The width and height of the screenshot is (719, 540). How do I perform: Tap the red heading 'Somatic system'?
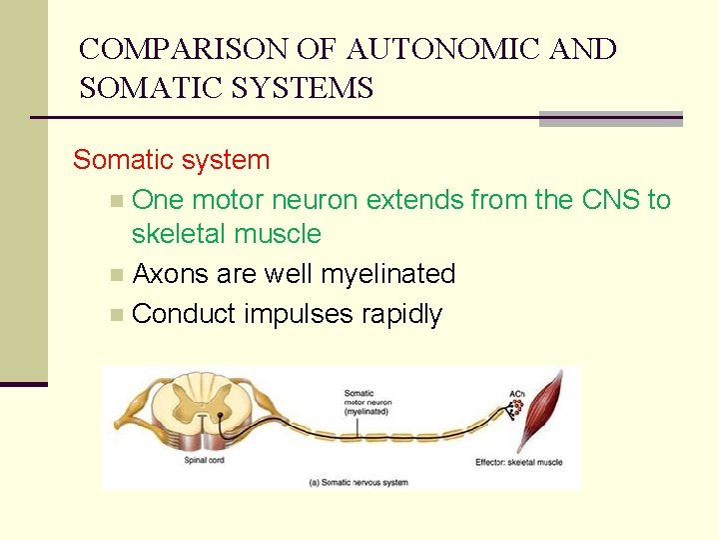point(172,160)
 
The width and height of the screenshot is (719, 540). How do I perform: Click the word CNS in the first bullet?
point(611,200)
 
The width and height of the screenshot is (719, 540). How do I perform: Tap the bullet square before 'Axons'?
point(118,275)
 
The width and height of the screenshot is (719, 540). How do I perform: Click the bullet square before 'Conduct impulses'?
point(118,315)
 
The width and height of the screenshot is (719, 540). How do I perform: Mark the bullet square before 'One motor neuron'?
point(118,201)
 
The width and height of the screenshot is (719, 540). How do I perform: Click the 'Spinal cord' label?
point(204,461)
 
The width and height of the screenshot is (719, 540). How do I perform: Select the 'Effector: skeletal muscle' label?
point(518,462)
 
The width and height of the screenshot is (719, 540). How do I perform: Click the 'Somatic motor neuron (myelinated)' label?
point(367,402)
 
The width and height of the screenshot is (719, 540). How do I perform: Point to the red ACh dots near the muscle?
point(517,409)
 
